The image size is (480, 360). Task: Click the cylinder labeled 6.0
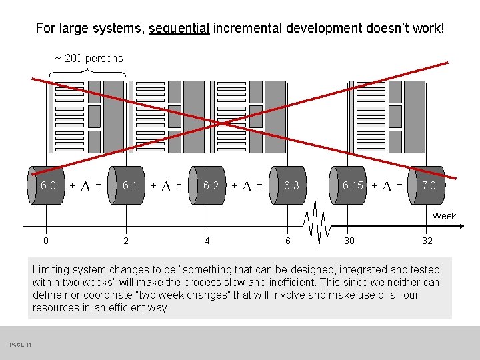[46, 185]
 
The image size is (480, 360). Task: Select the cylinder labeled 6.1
[127, 185]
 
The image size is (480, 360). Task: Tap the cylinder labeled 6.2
[209, 185]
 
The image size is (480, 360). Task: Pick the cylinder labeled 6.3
[290, 185]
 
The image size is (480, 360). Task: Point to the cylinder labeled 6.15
[351, 185]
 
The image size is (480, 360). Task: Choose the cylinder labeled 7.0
[427, 185]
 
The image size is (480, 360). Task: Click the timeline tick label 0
[46, 241]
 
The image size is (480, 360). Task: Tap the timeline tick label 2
[126, 241]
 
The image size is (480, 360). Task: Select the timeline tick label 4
[207, 241]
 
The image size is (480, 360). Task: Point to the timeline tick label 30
[349, 241]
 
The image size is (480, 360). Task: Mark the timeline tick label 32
[427, 241]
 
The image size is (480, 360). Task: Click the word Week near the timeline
[444, 216]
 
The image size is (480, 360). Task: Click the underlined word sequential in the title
[179, 29]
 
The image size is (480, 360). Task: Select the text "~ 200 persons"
[89, 59]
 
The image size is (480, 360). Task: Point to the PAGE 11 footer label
[21, 344]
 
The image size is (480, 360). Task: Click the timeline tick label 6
[288, 241]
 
